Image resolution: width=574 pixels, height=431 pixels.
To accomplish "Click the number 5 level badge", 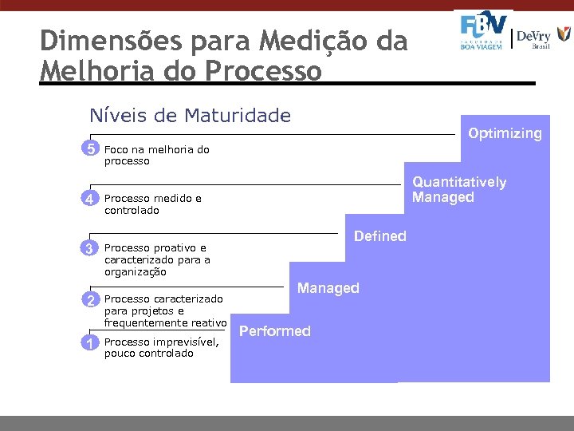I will click(92, 149).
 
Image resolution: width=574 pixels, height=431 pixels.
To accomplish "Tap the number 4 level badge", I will click(92, 199).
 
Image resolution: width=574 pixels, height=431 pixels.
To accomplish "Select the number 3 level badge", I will click(92, 248).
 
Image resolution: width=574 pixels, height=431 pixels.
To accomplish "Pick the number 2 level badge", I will click(92, 299).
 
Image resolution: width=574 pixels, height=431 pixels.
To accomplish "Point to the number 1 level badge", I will click(92, 342).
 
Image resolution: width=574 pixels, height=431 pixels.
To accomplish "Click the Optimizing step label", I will click(505, 133).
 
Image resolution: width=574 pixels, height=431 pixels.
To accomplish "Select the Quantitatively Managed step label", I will click(458, 189).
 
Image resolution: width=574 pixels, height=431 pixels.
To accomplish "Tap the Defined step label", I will click(379, 236).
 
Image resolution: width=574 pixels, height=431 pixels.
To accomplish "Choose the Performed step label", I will click(275, 331).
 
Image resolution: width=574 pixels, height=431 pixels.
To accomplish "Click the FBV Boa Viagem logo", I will click(483, 32).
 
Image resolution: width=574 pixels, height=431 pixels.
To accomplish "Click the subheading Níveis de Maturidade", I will click(190, 116).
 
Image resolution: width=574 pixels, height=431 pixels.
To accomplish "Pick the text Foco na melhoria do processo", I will click(156, 155).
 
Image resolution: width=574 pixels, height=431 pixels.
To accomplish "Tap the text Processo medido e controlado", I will click(152, 204).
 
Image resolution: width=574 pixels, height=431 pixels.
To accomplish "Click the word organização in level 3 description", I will click(136, 271).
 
